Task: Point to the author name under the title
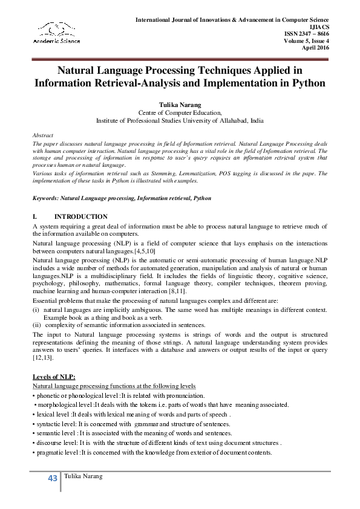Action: click(180, 104)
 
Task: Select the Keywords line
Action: click(122, 198)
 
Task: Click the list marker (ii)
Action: click(36, 324)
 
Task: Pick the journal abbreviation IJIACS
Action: click(318, 27)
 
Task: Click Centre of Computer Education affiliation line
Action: click(180, 112)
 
